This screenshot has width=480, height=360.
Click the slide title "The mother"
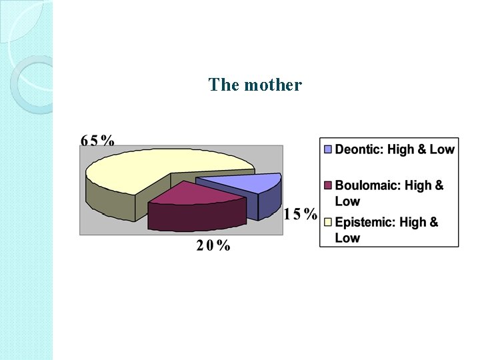point(255,85)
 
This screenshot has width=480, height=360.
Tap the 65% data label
point(97,140)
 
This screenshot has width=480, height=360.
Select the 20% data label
point(213,245)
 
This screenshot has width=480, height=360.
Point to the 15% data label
point(300,214)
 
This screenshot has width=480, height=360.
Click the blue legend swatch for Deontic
point(328,149)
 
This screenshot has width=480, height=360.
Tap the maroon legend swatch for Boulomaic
point(328,185)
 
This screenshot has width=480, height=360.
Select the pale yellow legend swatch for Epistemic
point(328,222)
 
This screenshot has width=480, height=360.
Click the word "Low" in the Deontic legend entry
point(441,149)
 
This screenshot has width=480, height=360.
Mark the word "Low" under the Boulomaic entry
point(347,201)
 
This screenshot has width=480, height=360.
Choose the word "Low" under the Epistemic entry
point(347,238)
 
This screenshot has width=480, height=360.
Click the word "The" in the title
point(223,85)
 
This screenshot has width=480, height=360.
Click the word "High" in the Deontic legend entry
point(400,149)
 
